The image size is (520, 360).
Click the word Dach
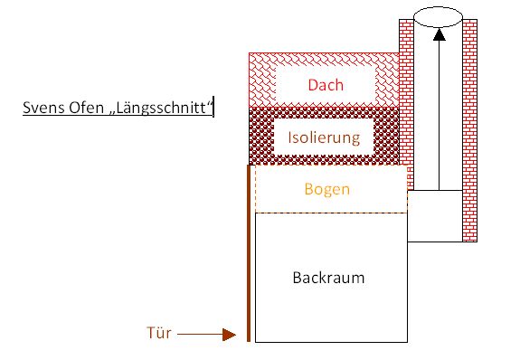pos(326,86)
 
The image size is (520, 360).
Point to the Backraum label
pos(328,278)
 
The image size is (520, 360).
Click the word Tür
pos(158,333)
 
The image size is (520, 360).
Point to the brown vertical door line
pos(248,253)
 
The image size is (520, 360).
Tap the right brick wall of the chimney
pos(469,136)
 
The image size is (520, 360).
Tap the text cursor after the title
pos(213,110)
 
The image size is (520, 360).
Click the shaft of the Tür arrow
pos(199,334)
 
